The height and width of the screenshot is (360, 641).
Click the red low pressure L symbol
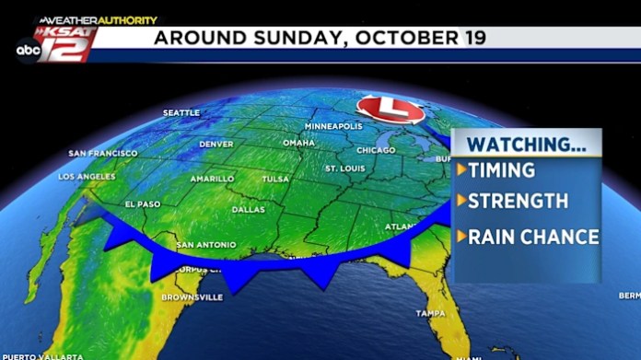pos(390,110)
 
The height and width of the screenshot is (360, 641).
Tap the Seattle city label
pos(181,112)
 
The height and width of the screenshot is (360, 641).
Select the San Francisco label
pos(103,153)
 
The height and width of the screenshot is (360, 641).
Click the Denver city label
pos(216,144)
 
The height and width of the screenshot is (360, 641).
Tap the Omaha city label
pos(298,143)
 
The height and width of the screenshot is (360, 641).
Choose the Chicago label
pos(376,150)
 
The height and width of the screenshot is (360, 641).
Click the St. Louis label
pos(346,168)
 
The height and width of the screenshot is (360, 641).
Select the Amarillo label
pos(212,179)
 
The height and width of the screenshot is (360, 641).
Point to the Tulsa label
pos(275,179)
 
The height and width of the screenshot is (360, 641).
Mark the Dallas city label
pos(249,209)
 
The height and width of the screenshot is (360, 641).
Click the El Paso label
pos(142,204)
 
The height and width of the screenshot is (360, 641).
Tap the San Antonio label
pos(205,245)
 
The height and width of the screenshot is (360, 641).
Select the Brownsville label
pos(192,297)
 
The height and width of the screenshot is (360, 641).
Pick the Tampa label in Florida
pos(430,313)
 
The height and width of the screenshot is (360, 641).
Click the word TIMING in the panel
pos(501,170)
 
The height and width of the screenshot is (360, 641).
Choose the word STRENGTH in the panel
pos(518,201)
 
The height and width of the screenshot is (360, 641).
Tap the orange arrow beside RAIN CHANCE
pos(461,237)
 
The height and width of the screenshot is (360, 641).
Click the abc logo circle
pos(27,52)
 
